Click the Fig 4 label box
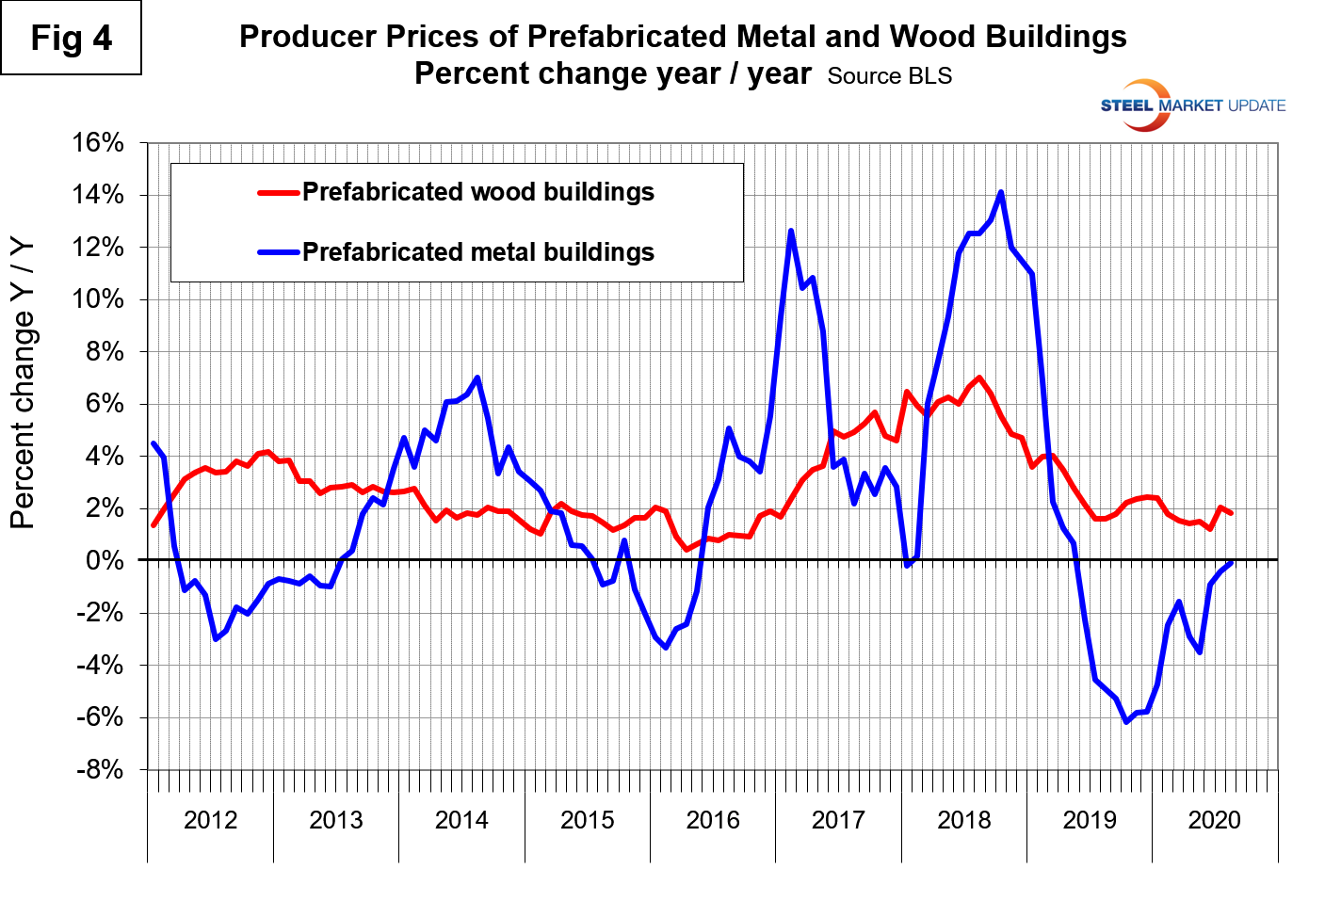(x=71, y=39)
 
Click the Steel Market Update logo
(x=1192, y=105)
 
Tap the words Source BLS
(x=890, y=76)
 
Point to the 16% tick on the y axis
(x=98, y=143)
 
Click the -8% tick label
(x=100, y=770)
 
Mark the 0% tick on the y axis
(x=105, y=561)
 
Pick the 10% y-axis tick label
(x=98, y=299)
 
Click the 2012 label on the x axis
(x=210, y=820)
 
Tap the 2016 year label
(x=713, y=820)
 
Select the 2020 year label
(x=1215, y=820)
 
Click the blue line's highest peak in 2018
(x=1000, y=193)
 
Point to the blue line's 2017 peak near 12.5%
(x=791, y=232)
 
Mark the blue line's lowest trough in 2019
(x=1126, y=721)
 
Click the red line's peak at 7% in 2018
(x=979, y=378)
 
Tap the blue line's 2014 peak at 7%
(x=477, y=378)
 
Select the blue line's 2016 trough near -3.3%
(x=666, y=648)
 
